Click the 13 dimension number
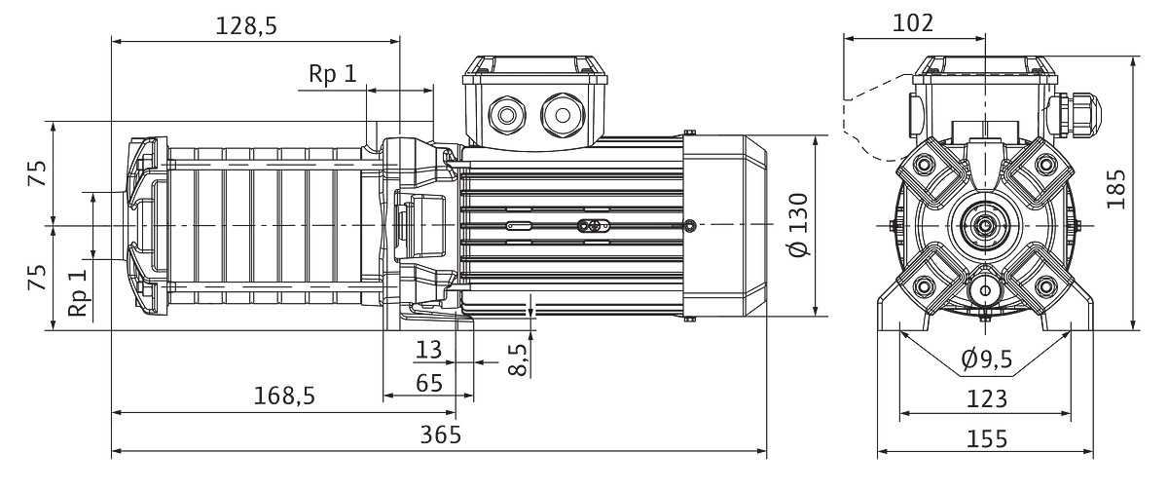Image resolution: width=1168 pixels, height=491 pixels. (x=429, y=349)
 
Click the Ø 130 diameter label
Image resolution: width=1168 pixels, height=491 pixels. (x=799, y=225)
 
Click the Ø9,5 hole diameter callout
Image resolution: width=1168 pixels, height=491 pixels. (x=986, y=360)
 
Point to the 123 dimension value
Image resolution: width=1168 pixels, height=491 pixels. (x=986, y=397)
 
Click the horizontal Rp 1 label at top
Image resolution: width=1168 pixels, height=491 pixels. (x=333, y=74)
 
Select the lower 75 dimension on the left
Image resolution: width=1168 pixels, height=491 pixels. (x=37, y=278)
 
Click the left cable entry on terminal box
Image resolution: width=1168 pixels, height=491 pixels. (x=507, y=116)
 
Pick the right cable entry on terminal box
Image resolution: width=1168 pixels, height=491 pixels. (x=562, y=115)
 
